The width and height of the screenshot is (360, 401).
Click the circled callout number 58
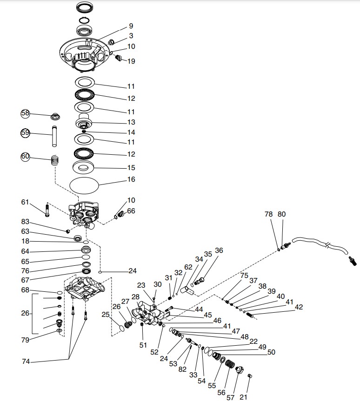[x=25, y=113]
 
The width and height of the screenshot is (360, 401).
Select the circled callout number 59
[x=25, y=133]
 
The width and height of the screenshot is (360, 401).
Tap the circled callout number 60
[x=25, y=157]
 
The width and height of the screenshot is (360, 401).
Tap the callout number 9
[x=131, y=26]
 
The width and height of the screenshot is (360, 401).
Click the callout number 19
[x=131, y=61]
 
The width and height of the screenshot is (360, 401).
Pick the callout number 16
[x=131, y=179]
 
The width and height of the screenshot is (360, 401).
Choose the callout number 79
[x=25, y=340]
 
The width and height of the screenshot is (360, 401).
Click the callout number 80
[x=282, y=214]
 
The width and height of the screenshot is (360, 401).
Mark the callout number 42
[x=299, y=307]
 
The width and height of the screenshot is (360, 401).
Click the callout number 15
[x=131, y=168]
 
